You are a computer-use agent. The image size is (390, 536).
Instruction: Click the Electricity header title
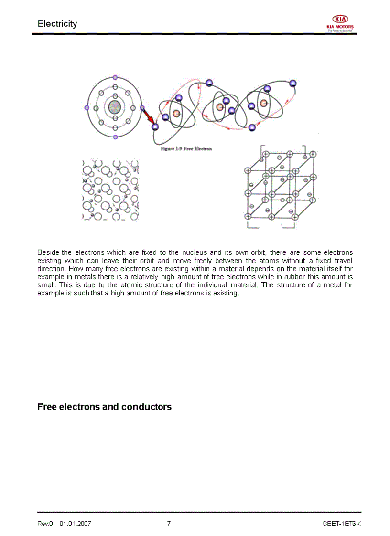[57, 24]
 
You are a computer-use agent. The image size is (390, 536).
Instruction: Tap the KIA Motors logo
[340, 22]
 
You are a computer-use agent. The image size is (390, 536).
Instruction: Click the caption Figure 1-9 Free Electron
[186, 149]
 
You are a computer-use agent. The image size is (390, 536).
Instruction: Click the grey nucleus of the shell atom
[114, 107]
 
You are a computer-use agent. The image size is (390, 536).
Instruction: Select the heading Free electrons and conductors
[104, 407]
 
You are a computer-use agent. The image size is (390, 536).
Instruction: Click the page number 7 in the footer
[169, 524]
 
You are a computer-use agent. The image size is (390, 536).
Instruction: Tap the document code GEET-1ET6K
[341, 524]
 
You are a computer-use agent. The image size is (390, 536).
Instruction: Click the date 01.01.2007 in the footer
[75, 524]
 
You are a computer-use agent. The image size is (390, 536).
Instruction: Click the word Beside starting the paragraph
[48, 252]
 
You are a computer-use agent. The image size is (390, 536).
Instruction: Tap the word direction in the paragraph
[50, 269]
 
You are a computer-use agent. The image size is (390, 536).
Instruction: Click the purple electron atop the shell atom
[115, 77]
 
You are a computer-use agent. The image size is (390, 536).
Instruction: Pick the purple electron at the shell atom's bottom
[115, 137]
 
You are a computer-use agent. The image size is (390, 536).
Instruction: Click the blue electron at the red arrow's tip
[154, 126]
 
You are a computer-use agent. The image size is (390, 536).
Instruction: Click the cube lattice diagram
[280, 186]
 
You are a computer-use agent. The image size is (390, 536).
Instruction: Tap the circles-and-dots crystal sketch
[110, 190]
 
